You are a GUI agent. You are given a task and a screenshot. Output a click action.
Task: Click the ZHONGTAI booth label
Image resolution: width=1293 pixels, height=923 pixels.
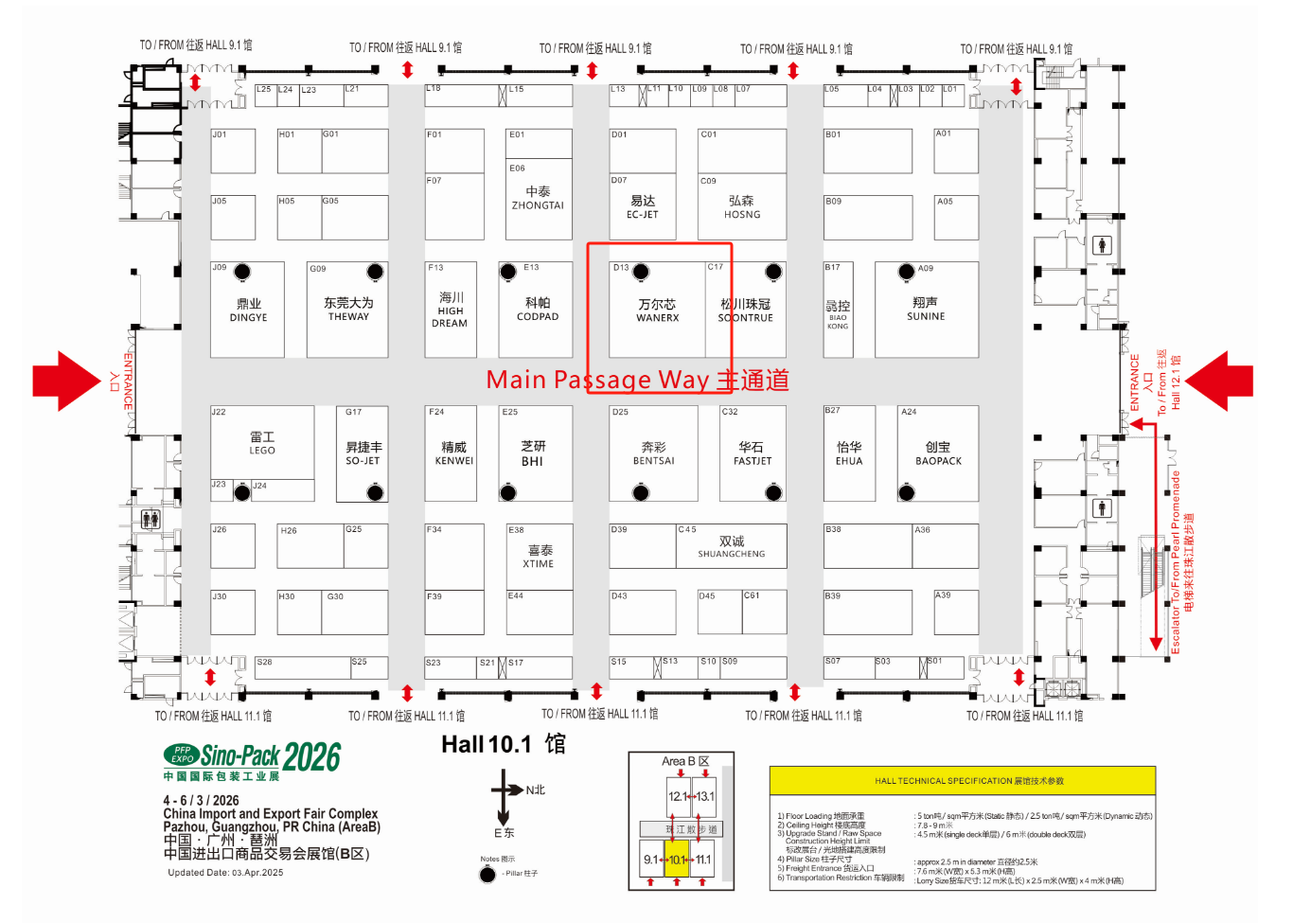coord(538,199)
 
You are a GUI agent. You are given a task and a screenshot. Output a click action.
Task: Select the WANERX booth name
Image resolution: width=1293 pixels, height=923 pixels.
coord(657,311)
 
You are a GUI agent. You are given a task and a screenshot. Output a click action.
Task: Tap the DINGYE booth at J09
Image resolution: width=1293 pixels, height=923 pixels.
coord(248,311)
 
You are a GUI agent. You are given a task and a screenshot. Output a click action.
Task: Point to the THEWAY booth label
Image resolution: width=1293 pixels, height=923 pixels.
coord(348,310)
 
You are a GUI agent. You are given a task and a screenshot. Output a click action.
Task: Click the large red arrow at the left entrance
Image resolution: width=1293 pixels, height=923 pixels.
coord(66,381)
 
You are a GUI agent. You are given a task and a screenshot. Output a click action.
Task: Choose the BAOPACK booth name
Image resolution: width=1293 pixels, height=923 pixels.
coord(938,453)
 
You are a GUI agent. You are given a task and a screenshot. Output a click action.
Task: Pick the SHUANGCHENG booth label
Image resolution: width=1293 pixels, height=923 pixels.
coord(732,547)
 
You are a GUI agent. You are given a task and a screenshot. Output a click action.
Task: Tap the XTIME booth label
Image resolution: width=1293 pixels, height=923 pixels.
coord(539,557)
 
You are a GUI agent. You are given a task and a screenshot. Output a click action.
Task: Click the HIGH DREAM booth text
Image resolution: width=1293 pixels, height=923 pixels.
coord(451,311)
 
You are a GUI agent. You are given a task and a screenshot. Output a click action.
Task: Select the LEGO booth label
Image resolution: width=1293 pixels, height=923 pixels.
coord(262,443)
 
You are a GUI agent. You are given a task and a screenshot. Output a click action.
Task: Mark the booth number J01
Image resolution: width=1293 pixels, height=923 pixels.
coord(220,134)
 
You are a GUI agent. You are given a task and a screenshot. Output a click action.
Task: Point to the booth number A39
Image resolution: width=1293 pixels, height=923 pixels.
coord(943,595)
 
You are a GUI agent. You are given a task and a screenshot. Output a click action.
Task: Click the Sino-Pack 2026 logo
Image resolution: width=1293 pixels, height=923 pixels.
coord(252,757)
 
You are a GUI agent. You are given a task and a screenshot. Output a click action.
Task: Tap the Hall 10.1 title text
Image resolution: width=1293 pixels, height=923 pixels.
coord(503,745)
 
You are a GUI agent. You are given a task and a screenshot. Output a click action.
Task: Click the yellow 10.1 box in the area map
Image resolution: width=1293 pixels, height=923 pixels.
coord(677,860)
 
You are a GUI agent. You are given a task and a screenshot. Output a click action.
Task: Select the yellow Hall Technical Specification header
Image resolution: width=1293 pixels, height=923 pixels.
coord(962,781)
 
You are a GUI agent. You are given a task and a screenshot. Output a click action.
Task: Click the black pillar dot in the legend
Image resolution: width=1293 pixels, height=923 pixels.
coord(487,874)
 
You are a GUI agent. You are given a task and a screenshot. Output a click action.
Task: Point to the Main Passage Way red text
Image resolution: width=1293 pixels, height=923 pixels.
coord(637,380)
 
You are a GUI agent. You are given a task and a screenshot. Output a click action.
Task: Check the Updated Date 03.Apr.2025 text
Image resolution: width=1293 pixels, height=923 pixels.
coord(225,873)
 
